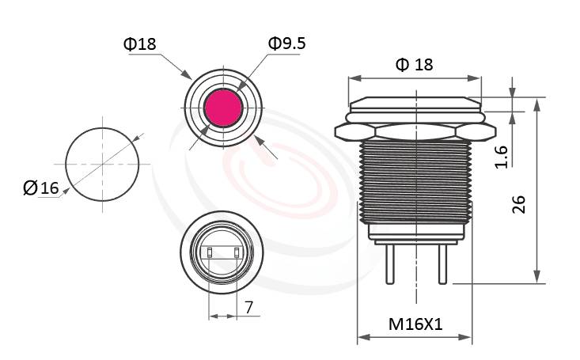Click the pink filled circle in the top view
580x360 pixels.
point(222,108)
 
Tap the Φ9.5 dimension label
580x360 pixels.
point(286,44)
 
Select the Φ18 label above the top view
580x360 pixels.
point(140,44)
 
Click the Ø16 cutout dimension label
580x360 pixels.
point(42,188)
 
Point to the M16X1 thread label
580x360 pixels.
point(415,324)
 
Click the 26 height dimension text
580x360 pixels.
point(519,205)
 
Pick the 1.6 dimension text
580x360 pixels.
point(500,156)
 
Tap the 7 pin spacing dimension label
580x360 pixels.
point(248,308)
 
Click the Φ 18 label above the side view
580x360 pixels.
point(415,64)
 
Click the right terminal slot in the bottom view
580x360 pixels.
point(237,253)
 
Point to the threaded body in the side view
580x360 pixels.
point(415,182)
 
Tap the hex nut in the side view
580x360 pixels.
point(415,130)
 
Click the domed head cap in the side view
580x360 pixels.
point(415,104)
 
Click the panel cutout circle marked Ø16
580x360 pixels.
point(101,165)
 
